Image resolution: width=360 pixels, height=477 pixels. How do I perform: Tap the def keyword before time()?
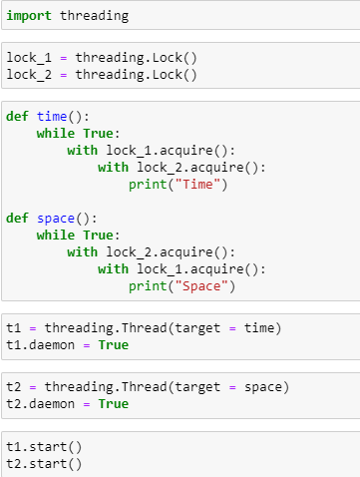18,117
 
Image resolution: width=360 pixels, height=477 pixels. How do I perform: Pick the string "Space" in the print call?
209,286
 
